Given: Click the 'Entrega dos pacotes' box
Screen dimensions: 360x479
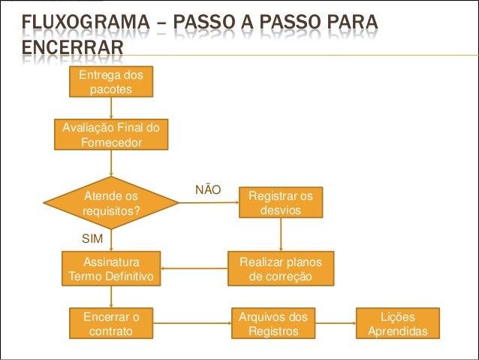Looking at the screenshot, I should coord(110,81).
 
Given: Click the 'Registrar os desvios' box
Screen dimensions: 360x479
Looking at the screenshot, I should coord(280,203).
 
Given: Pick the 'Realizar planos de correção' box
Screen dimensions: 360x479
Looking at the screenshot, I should coord(280,269).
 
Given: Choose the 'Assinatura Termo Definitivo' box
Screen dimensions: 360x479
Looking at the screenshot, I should coord(110,269).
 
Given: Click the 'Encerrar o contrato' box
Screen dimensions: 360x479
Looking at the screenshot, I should coord(110,324).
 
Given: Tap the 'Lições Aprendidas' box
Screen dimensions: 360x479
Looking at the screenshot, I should coord(397,324).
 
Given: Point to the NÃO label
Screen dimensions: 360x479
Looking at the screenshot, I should coord(208,190).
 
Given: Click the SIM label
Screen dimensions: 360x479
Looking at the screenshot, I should coord(92,237).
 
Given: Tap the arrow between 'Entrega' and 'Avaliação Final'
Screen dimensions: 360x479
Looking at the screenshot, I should coord(110,107).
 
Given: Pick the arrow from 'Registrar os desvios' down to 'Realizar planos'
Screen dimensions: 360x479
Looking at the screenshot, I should coord(280,234).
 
